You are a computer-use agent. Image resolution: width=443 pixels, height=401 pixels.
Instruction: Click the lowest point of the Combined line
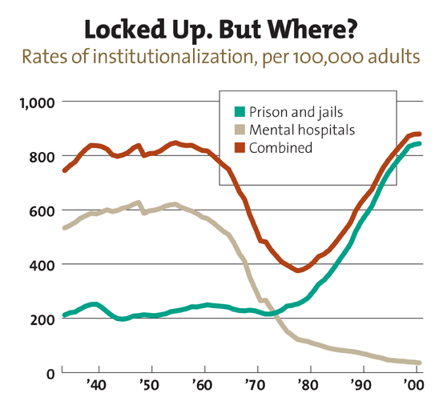click(298, 270)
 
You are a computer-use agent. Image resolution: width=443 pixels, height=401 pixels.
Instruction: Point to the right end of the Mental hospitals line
click(419, 363)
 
